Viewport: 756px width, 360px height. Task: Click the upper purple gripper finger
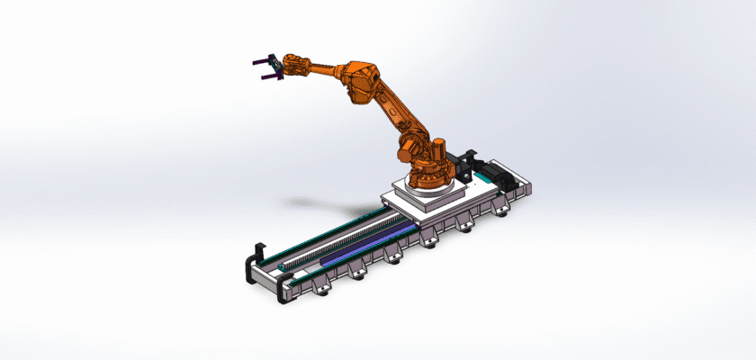pos(261,60)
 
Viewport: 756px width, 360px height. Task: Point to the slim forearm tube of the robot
pos(325,67)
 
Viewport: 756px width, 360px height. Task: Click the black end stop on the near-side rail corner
pos(287,287)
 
